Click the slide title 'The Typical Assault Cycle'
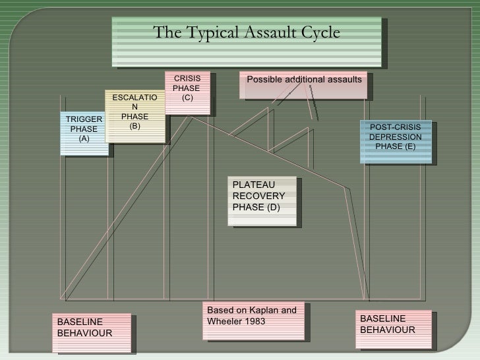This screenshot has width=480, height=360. pos(247,33)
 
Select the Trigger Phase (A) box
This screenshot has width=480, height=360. pos(84,131)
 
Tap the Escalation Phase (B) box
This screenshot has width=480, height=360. pos(135,115)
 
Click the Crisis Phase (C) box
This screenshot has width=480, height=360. pos(187,92)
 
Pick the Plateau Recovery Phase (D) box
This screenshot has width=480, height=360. pos(260,200)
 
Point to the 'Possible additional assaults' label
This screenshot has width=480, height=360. pos(304,80)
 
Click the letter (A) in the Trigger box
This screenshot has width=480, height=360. pos(84,139)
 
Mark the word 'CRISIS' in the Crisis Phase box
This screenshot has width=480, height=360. pos(187,79)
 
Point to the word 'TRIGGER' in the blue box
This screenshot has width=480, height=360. pos(84,119)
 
